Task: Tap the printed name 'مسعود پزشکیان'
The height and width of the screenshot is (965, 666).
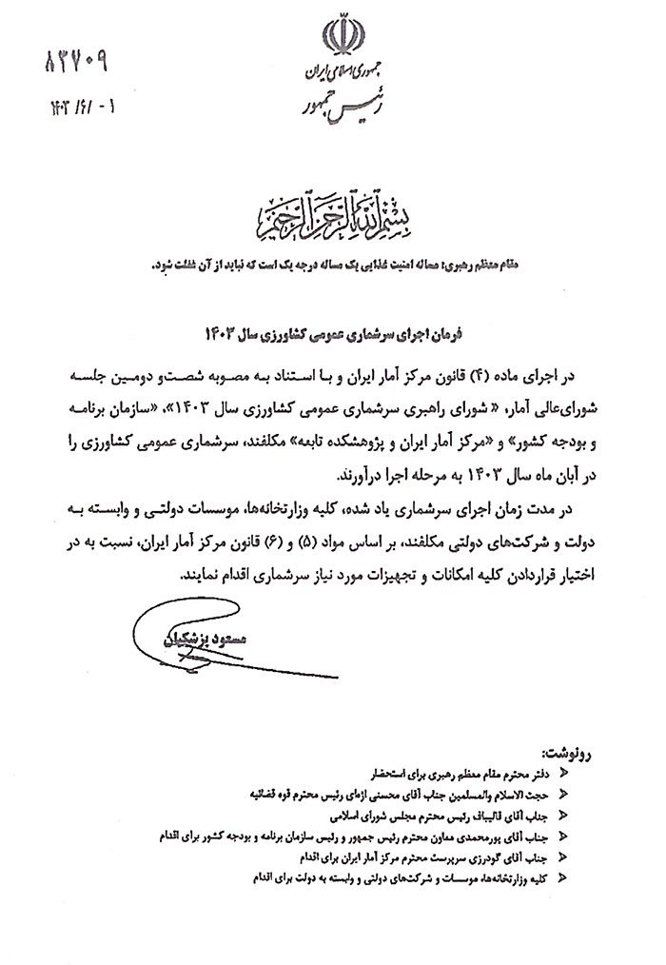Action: pyautogui.click(x=232, y=640)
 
